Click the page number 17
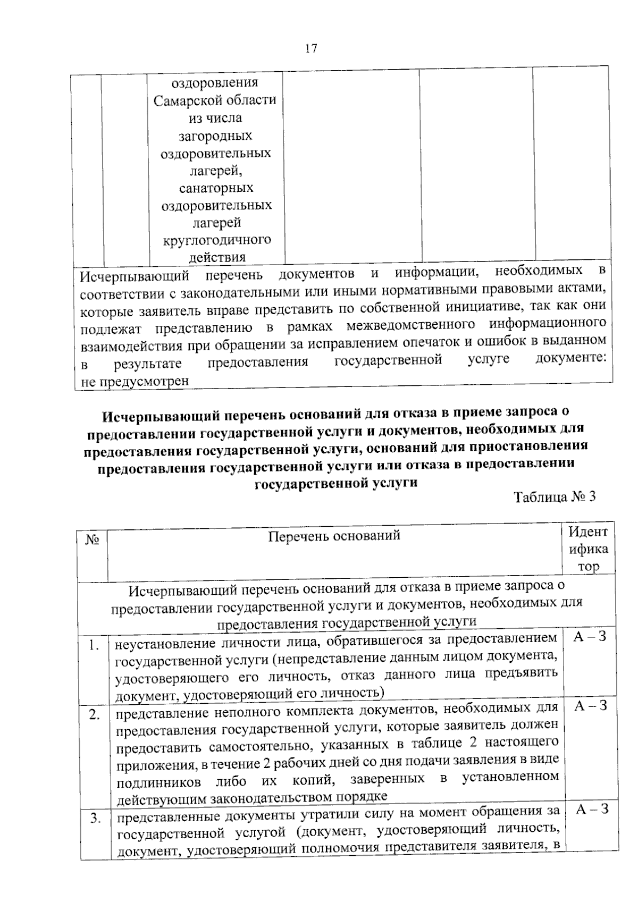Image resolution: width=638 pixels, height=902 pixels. [311, 49]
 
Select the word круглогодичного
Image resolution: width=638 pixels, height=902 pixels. [217, 240]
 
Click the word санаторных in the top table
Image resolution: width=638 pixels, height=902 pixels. [216, 188]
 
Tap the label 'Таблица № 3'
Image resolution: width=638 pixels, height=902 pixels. [555, 497]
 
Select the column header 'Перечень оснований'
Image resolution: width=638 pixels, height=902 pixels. [334, 536]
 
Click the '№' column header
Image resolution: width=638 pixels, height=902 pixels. [92, 540]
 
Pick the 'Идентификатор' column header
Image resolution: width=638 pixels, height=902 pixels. [588, 549]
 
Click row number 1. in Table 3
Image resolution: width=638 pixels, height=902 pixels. [94, 646]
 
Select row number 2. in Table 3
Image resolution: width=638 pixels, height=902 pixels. [95, 715]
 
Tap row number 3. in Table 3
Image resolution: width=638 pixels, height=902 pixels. [95, 819]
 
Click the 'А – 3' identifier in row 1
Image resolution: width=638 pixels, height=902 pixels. [590, 636]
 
